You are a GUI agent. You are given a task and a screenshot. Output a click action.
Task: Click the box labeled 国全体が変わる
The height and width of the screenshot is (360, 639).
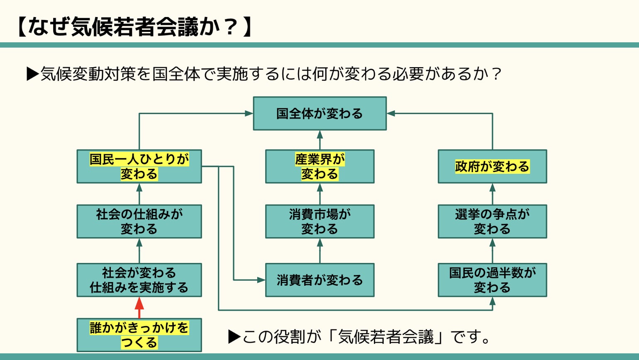click(319, 114)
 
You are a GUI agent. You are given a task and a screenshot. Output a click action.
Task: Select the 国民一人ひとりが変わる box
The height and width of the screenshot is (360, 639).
click(139, 166)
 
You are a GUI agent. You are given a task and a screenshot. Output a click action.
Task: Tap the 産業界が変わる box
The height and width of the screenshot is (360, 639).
click(319, 166)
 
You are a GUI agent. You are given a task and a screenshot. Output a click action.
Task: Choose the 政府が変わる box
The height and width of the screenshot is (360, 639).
click(492, 166)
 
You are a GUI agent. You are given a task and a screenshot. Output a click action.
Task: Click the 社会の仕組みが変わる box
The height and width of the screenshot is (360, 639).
click(139, 221)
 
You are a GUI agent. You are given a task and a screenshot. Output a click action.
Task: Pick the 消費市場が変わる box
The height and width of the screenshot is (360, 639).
click(319, 221)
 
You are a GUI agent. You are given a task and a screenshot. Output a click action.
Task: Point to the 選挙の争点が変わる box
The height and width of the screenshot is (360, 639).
click(492, 221)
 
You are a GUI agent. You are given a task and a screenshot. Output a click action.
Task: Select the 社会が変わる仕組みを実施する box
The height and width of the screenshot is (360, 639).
click(139, 280)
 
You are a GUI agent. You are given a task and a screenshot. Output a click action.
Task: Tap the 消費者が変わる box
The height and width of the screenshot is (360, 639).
click(319, 280)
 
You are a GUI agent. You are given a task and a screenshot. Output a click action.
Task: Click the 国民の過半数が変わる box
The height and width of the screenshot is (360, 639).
click(492, 280)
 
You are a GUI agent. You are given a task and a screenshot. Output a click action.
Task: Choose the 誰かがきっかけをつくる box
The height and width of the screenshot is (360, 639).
click(139, 335)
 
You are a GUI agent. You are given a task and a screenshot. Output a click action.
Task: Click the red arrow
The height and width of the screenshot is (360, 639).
click(139, 307)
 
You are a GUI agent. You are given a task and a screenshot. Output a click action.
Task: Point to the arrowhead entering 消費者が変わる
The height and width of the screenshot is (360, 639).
click(261, 280)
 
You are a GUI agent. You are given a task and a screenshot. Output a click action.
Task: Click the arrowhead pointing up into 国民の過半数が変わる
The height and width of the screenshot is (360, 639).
click(493, 301)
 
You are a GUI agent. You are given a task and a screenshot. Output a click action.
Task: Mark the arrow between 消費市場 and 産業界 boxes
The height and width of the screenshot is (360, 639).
click(319, 194)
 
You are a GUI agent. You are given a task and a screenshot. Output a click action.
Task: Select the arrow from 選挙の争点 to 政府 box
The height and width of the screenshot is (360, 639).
click(493, 194)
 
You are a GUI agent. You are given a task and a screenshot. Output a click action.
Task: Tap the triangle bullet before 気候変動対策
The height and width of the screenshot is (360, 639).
click(32, 74)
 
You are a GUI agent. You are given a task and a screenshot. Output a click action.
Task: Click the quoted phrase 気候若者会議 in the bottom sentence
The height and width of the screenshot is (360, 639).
click(386, 336)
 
